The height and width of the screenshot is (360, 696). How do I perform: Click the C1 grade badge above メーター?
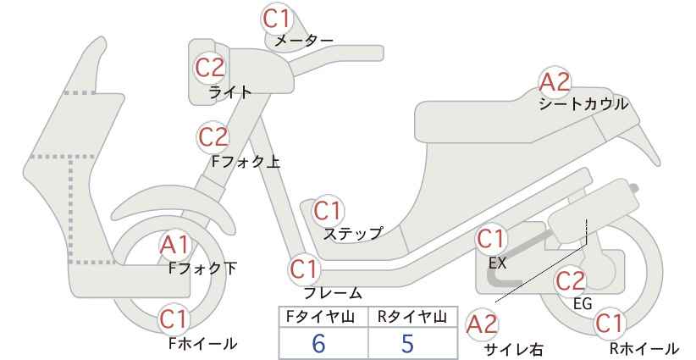pos(276,19)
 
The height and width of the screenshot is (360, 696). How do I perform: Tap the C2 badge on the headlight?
pos(210,68)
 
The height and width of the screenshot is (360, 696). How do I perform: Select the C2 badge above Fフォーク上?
pos(213,136)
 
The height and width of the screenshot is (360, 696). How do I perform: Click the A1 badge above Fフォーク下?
pos(175,245)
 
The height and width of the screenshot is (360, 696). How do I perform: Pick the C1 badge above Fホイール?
pos(175,319)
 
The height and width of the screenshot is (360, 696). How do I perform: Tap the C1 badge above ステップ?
pos(329,211)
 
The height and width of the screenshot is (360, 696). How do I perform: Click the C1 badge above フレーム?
pos(305,269)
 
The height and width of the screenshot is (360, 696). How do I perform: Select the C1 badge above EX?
pos(490,239)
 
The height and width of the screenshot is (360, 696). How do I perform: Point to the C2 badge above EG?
pos(571,281)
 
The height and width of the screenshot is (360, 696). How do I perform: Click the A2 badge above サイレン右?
pos(482,324)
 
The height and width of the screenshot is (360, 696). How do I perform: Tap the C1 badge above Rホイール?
pos(609,324)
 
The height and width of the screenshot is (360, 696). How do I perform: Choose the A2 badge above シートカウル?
pos(555,82)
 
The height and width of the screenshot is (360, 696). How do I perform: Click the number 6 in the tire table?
pos(318,343)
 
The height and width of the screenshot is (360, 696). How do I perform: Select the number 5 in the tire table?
pos(407,343)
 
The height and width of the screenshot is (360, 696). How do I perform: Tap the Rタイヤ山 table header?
pos(412,317)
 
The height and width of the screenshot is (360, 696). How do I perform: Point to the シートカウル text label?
pos(583,104)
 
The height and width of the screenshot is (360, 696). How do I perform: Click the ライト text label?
pos(230,92)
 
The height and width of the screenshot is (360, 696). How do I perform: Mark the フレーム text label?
pos(333,293)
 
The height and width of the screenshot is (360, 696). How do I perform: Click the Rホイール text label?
pos(644,348)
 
